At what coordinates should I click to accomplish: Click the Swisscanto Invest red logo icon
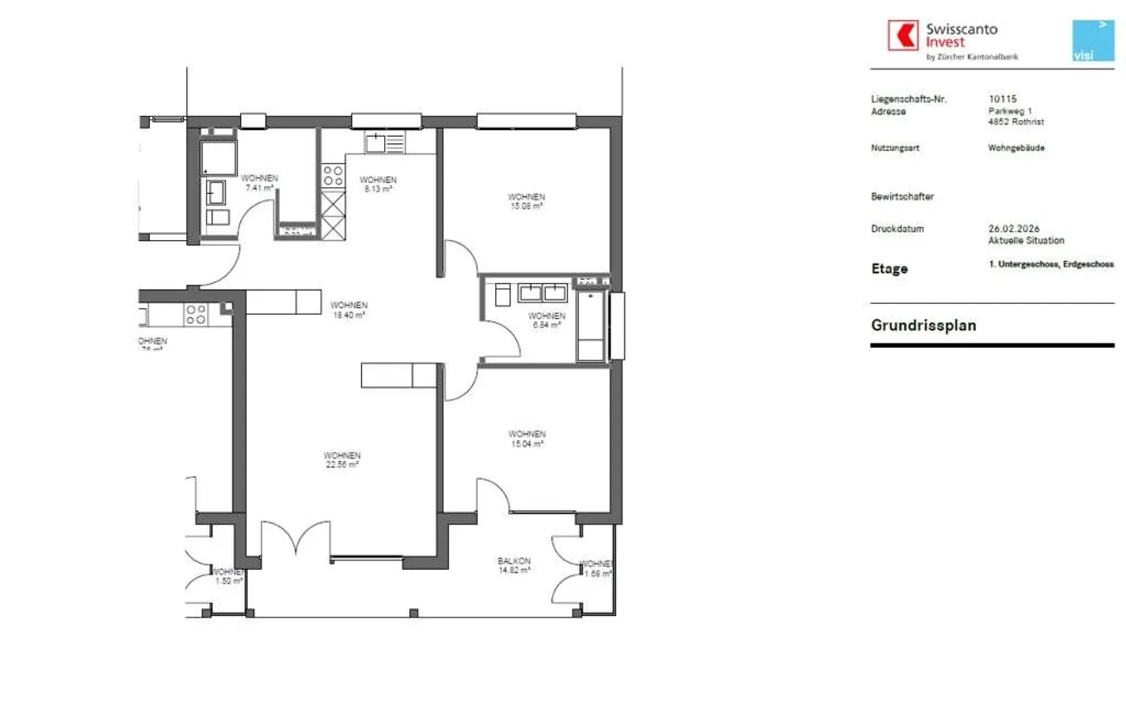coord(903,35)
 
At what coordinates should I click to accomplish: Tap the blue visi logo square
coord(1092,41)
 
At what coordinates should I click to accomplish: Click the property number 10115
coord(1002,99)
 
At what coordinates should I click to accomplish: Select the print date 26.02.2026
coord(1013,229)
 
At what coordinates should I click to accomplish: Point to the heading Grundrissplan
coord(923,325)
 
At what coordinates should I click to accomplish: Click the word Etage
coord(889,269)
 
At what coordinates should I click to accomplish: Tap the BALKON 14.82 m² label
coord(514,566)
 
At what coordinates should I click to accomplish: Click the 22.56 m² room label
coord(342,460)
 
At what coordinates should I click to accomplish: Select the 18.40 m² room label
coord(349,310)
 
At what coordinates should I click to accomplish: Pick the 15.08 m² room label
coord(526,202)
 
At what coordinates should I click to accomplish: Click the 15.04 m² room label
coord(527,439)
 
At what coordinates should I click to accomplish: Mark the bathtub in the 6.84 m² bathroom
coord(591,326)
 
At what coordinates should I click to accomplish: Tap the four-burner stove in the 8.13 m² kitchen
coord(333,176)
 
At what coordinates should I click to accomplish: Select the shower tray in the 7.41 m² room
coord(218,159)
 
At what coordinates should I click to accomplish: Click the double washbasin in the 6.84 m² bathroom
coord(543,293)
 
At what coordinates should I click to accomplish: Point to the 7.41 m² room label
coord(259,183)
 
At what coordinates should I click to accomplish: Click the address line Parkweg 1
coord(1009,111)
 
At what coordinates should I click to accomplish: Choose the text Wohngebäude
coord(1016,148)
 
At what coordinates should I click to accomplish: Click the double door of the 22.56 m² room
coord(295,539)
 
